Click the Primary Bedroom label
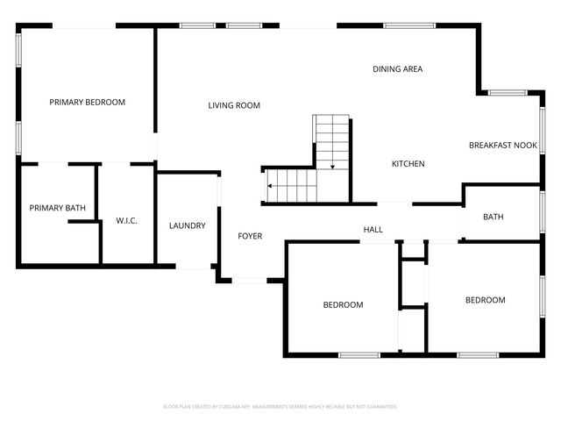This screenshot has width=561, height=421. pos(87,103)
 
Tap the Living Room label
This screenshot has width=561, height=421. pos(234,106)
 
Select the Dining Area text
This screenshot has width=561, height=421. pos(398,69)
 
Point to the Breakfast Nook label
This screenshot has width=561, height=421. pos(503,146)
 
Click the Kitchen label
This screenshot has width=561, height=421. pos(408,164)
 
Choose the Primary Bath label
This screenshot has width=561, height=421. pos(57,208)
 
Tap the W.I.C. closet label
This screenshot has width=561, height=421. pos(127,220)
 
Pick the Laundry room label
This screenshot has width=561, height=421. pos(187,226)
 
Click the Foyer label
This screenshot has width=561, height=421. pos(251,236)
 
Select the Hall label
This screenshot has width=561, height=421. pos(373,230)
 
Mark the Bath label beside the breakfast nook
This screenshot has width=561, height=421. pos(494,217)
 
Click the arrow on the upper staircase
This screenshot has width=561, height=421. pos(332,165)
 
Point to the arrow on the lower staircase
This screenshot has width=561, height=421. pos(271,186)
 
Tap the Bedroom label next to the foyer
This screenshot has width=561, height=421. pos(343,305)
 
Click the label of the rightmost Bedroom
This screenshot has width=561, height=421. pos(485,300)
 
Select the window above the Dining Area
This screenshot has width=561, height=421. pos(409,25)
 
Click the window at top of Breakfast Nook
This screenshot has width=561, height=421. pos(507,93)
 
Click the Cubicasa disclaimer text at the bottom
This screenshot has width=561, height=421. pos(280,407)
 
